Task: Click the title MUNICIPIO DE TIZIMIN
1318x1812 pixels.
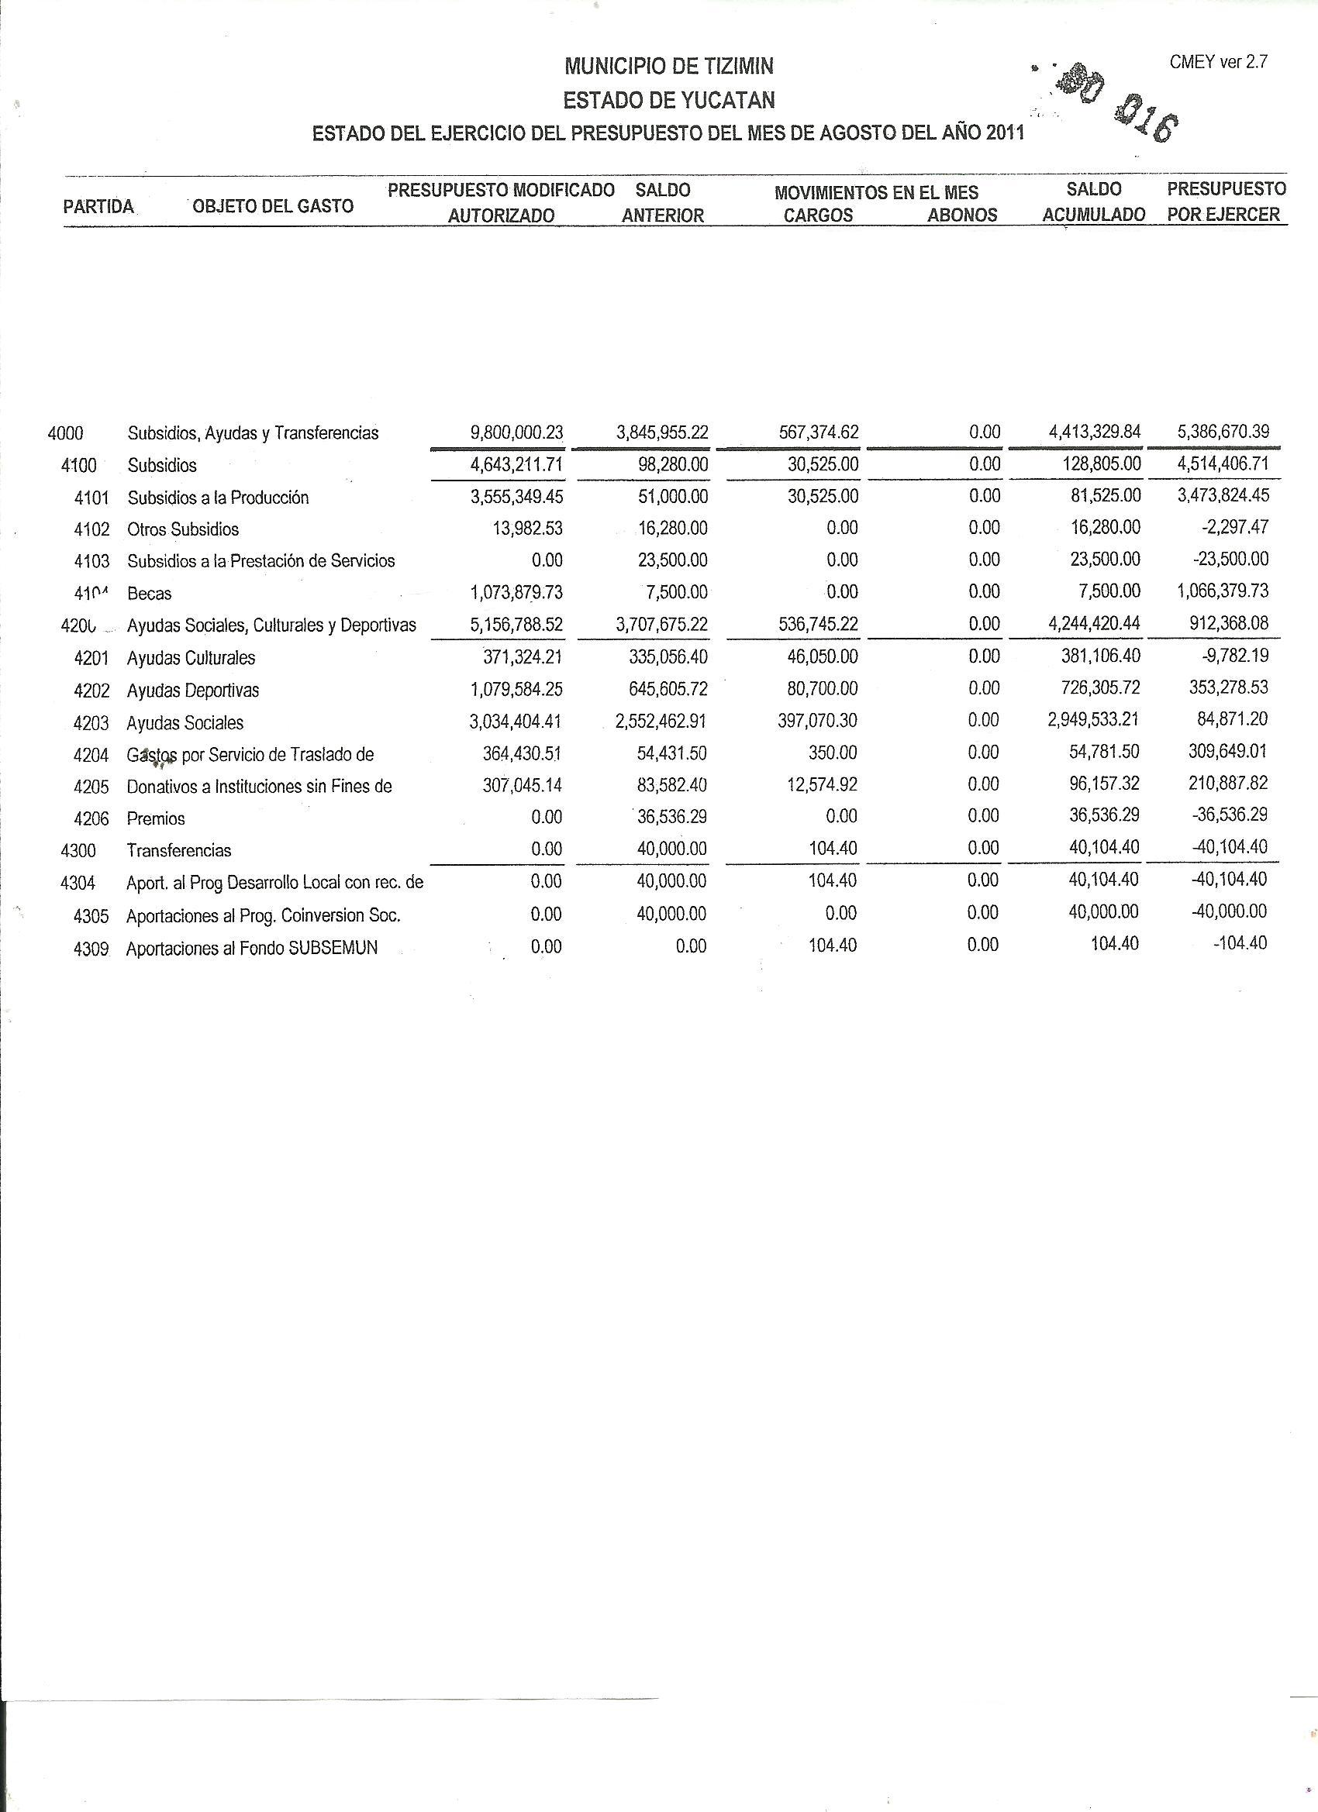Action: [x=668, y=67]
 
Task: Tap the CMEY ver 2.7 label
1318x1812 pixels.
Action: [x=1218, y=62]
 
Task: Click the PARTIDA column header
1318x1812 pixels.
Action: [x=98, y=207]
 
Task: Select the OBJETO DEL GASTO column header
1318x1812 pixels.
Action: [x=273, y=206]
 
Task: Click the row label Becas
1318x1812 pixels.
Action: [x=150, y=594]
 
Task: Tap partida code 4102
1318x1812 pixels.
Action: [x=91, y=529]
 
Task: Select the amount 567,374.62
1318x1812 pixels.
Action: [x=819, y=432]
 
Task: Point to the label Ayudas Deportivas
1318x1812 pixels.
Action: [x=192, y=691]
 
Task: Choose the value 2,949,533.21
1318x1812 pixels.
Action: [x=1094, y=720]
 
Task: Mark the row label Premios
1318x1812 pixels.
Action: [x=156, y=818]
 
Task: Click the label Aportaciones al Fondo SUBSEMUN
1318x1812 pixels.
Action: [x=252, y=949]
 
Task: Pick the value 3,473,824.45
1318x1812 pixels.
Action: [x=1223, y=495]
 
